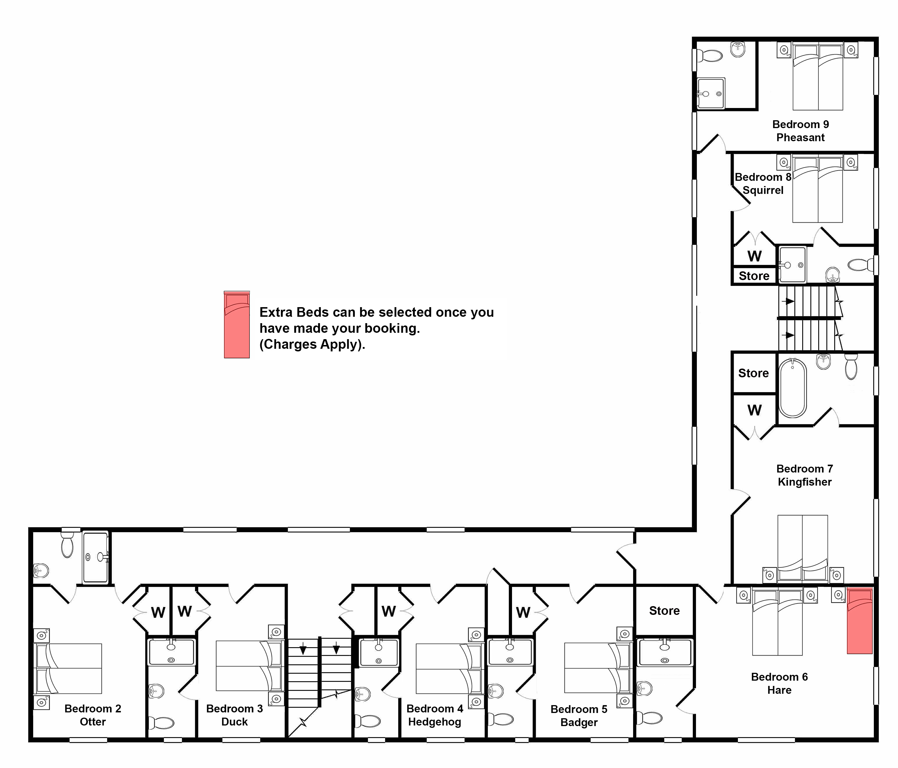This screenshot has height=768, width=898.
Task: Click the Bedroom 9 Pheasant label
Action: tap(800, 131)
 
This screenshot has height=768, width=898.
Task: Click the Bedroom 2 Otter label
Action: tap(93, 715)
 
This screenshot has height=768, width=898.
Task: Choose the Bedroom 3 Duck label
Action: tap(234, 715)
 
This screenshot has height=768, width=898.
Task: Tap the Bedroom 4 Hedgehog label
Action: tap(435, 715)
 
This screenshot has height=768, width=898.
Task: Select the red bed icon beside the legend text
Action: tap(237, 325)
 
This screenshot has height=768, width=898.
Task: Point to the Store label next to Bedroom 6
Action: tap(664, 611)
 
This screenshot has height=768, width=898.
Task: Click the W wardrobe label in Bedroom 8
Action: tap(754, 256)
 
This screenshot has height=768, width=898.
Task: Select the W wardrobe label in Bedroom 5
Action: tap(523, 613)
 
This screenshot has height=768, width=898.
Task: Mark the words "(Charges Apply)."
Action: tap(312, 344)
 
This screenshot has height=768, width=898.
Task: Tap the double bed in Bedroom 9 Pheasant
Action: tap(818, 76)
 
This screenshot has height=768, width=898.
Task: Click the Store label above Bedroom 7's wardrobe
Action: tap(754, 373)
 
